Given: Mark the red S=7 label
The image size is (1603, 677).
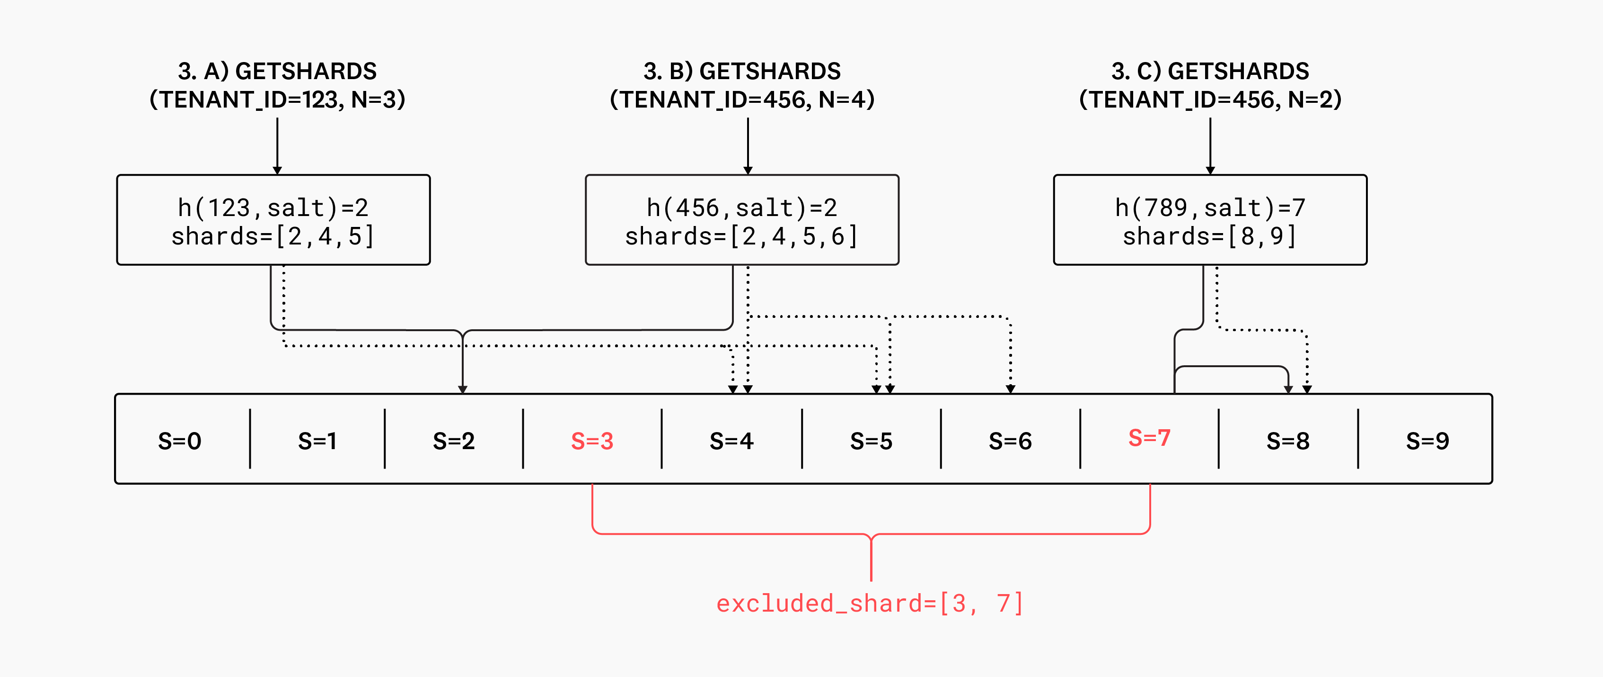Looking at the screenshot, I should pyautogui.click(x=1149, y=438).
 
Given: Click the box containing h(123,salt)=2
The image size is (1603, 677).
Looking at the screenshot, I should pyautogui.click(x=273, y=220).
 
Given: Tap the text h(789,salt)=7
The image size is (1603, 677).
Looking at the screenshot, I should pyautogui.click(x=1210, y=208).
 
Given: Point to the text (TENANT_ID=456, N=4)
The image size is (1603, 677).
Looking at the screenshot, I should pyautogui.click(x=742, y=99).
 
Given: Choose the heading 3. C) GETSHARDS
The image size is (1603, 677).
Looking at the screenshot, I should pyautogui.click(x=1210, y=71).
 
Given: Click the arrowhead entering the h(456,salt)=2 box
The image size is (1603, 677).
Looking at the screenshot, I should pyautogui.click(x=748, y=170).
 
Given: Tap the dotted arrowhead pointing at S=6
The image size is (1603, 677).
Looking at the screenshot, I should pyautogui.click(x=1011, y=388).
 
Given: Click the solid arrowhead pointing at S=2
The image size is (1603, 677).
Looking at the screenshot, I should pyautogui.click(x=462, y=388).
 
